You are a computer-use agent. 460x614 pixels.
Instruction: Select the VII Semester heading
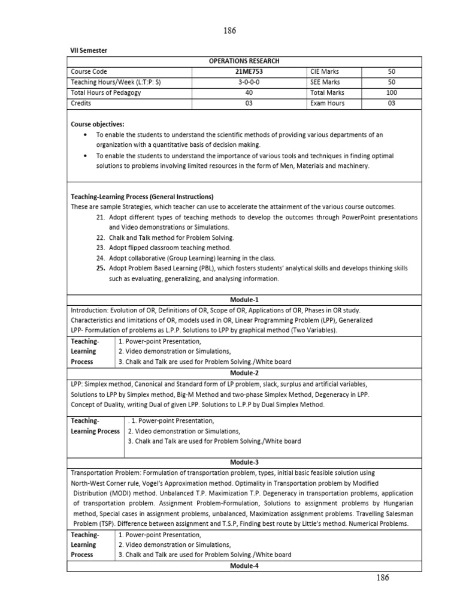(89, 50)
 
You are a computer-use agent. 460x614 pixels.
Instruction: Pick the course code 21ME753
(248, 71)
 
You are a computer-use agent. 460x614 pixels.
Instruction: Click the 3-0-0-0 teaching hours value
(248, 82)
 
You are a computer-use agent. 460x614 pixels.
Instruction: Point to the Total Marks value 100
(391, 93)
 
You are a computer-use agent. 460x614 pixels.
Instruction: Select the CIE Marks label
(325, 71)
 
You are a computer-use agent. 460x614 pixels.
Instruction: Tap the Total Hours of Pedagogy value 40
(248, 93)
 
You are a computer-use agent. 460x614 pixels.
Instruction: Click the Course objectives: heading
(98, 124)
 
